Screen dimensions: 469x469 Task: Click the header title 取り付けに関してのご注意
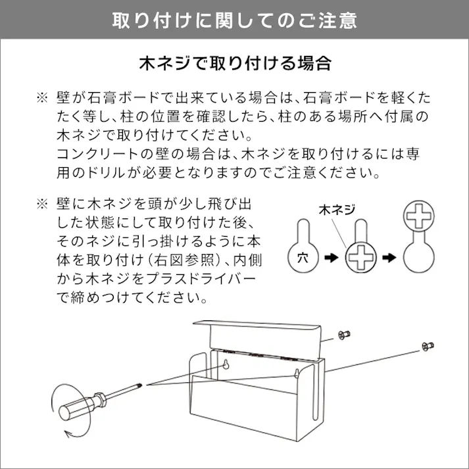point(234,20)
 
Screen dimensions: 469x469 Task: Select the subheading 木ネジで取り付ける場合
point(234,64)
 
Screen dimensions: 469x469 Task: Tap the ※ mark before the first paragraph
point(41,99)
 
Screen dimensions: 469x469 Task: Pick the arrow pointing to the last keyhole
point(391,259)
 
